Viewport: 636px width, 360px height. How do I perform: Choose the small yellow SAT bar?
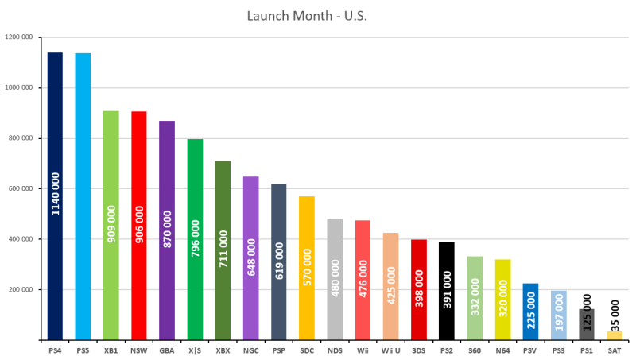pos(615,336)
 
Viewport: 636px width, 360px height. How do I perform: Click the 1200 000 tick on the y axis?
pos(19,37)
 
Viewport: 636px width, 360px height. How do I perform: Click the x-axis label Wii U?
pos(390,349)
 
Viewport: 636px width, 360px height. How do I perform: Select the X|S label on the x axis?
pos(195,349)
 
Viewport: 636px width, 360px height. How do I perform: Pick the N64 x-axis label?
pos(502,349)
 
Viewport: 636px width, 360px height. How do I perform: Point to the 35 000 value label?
pos(615,313)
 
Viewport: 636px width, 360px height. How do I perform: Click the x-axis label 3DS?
pos(419,349)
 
